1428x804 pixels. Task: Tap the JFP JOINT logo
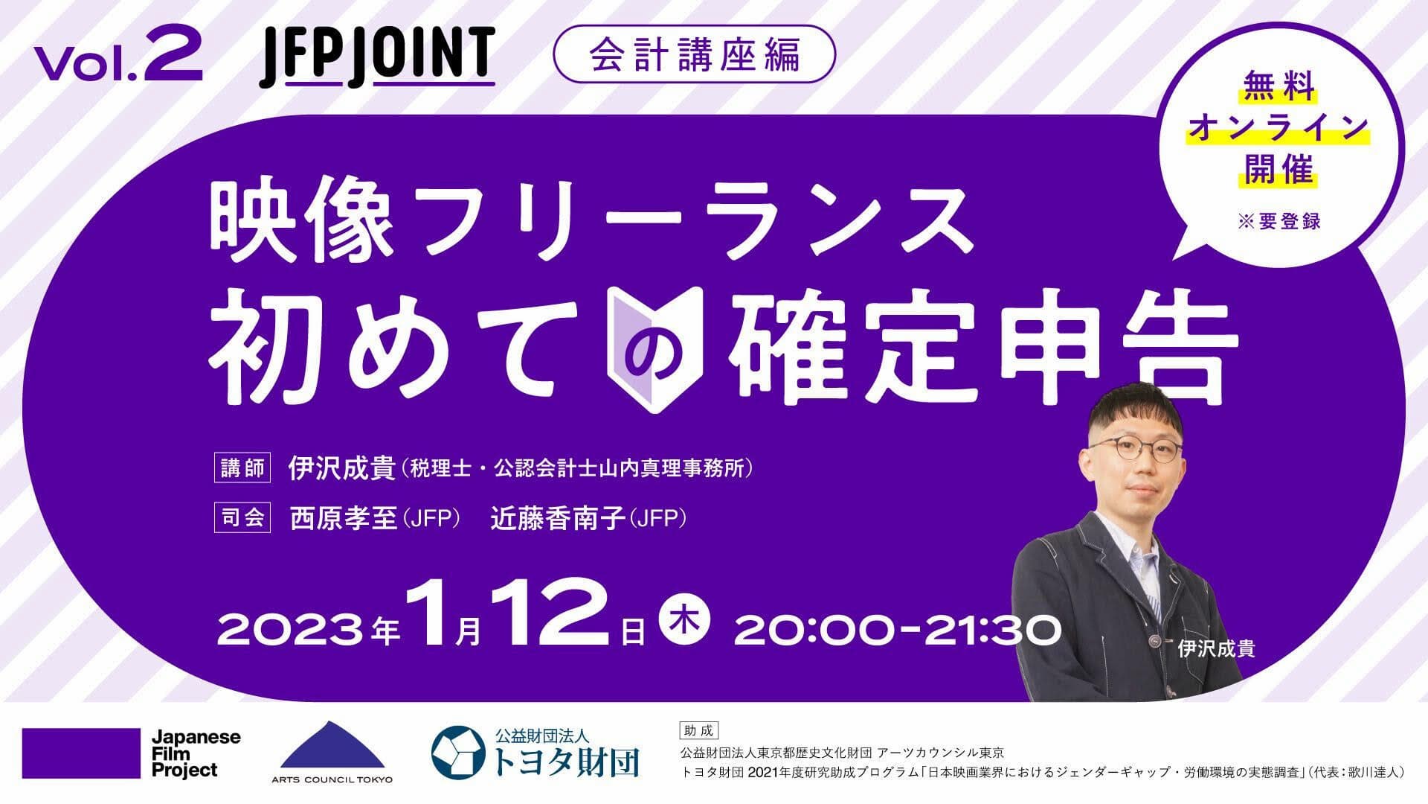click(377, 55)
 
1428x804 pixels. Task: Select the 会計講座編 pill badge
click(695, 54)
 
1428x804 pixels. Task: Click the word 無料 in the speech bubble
click(1278, 92)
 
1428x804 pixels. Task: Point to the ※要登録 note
click(1279, 221)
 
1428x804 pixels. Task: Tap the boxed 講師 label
click(242, 468)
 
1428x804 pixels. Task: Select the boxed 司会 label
click(242, 517)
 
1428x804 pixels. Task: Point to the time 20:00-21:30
click(897, 630)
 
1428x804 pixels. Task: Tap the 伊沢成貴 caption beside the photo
click(1217, 648)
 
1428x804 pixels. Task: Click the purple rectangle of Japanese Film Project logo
click(82, 753)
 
